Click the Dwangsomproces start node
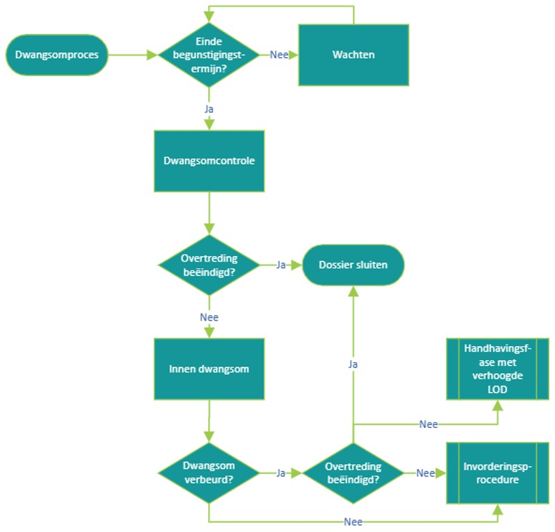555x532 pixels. tap(57, 55)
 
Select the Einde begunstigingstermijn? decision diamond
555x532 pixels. tap(208, 54)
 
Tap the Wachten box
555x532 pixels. tap(354, 55)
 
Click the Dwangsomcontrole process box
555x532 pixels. tap(209, 161)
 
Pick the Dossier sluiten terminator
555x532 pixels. tap(353, 264)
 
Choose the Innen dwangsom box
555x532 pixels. tap(209, 369)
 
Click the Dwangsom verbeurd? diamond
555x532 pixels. tap(208, 472)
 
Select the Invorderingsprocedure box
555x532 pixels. tap(498, 472)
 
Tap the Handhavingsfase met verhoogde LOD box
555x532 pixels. tap(498, 369)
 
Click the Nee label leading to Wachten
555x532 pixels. tap(279, 55)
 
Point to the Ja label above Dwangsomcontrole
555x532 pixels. tap(209, 110)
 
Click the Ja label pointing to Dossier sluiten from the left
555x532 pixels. tap(281, 264)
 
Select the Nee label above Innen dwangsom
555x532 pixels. tap(209, 317)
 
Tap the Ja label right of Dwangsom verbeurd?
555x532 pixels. tap(281, 473)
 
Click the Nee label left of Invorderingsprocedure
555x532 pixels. tap(425, 473)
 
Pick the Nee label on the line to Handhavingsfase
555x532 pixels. tap(429, 424)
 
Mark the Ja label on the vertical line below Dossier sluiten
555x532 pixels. tap(353, 363)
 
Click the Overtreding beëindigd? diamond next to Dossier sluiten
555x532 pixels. tap(208, 264)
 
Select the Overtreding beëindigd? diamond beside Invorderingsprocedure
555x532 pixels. tap(353, 472)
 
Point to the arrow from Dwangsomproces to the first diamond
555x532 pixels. tap(132, 55)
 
